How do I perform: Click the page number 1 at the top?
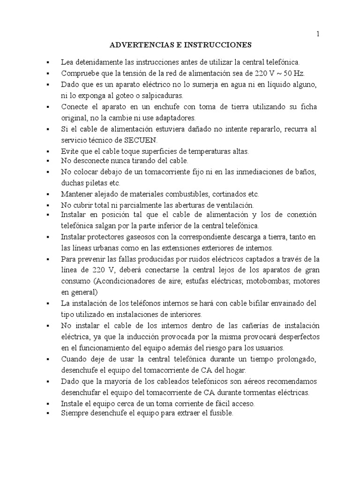318,34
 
